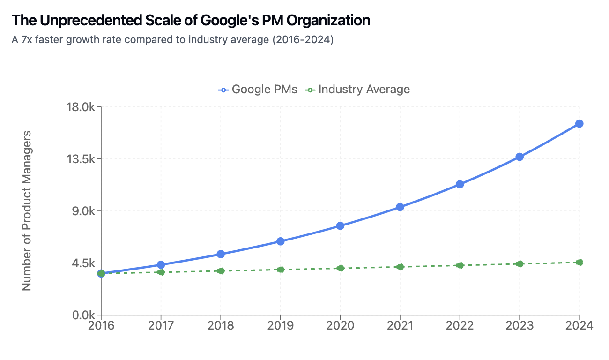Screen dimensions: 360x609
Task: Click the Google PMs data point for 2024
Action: [579, 124]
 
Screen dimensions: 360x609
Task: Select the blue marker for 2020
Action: [340, 226]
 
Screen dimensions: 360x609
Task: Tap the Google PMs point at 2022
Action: [460, 184]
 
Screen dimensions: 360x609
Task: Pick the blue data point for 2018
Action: [221, 254]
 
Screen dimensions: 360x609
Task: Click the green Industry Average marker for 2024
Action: [579, 262]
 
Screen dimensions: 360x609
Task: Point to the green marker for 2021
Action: [400, 267]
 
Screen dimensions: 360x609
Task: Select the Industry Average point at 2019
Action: [281, 270]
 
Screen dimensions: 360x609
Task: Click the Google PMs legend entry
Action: [258, 90]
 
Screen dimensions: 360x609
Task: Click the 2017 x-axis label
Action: [161, 326]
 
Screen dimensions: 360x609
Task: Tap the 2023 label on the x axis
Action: [520, 326]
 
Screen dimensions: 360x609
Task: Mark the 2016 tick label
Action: [101, 326]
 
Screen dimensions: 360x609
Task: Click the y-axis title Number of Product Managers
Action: [27, 210]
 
